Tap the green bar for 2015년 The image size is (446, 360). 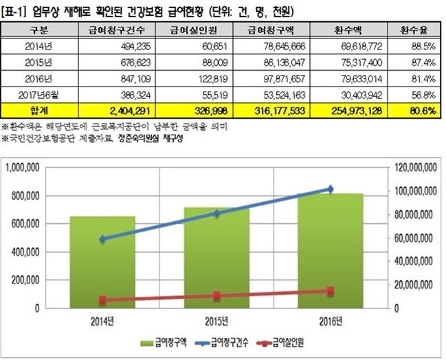[216, 258]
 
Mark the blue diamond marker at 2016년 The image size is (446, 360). [331, 188]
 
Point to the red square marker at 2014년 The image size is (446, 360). [103, 300]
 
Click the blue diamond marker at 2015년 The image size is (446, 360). [216, 214]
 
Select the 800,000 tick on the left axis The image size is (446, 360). [23, 195]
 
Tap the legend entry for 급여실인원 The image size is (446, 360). [283, 342]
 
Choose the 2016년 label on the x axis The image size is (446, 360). [331, 319]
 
